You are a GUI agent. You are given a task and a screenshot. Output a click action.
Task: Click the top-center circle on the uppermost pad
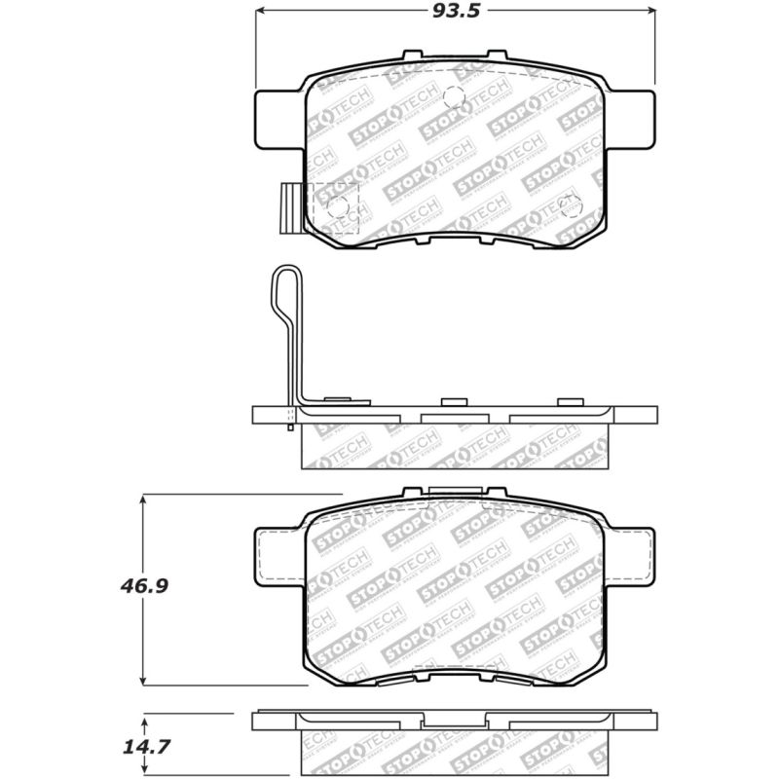click(x=453, y=95)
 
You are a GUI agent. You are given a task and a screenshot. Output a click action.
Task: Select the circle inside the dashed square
click(x=339, y=205)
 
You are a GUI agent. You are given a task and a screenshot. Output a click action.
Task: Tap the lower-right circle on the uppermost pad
click(x=571, y=204)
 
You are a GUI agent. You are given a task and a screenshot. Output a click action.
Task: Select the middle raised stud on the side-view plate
click(x=453, y=402)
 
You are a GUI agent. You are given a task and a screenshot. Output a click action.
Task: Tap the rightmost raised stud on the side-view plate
click(x=568, y=402)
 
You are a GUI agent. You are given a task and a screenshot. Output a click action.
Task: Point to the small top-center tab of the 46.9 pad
click(x=453, y=494)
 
